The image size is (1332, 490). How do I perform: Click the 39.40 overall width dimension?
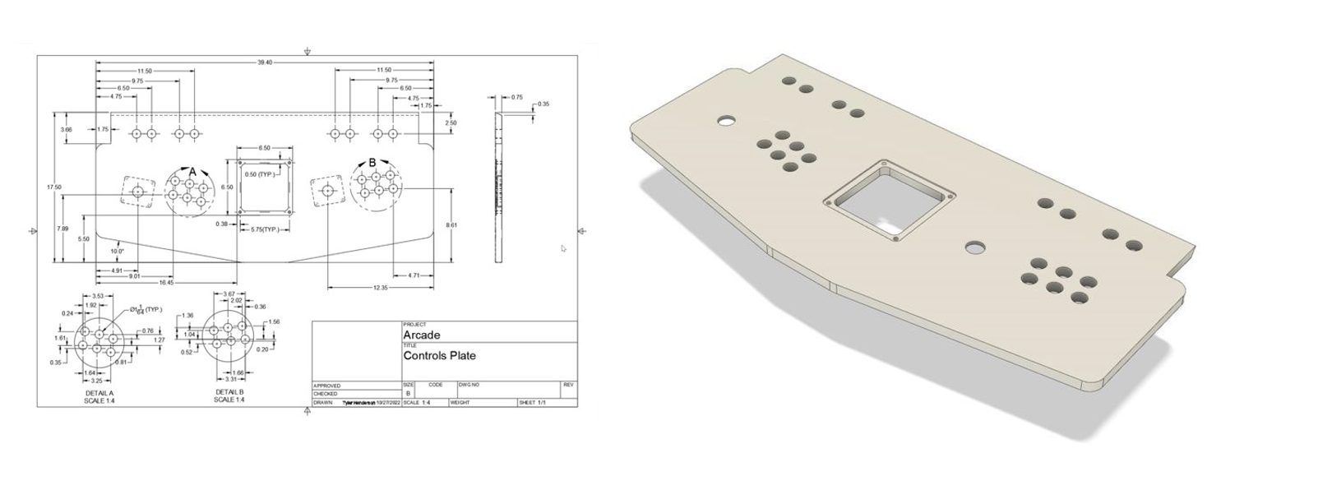pyautogui.click(x=265, y=62)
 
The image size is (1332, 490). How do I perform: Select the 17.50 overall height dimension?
pyautogui.click(x=54, y=187)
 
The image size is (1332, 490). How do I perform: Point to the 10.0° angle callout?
pyautogui.click(x=117, y=251)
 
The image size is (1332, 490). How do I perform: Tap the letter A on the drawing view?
pyautogui.click(x=192, y=171)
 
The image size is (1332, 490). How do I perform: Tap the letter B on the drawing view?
pyautogui.click(x=372, y=163)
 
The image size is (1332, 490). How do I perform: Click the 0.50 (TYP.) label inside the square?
pyautogui.click(x=260, y=175)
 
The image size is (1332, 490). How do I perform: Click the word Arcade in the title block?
pyautogui.click(x=421, y=335)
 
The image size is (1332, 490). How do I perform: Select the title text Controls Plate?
pyautogui.click(x=439, y=356)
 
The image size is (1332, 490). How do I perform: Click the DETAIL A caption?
pyautogui.click(x=99, y=394)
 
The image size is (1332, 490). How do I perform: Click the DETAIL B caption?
pyautogui.click(x=229, y=392)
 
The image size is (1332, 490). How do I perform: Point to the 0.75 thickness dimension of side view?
pyautogui.click(x=516, y=97)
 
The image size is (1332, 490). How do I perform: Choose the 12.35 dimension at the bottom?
pyautogui.click(x=380, y=288)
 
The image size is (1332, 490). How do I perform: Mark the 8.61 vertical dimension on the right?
pyautogui.click(x=450, y=224)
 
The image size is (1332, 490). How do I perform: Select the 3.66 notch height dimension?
pyautogui.click(x=66, y=130)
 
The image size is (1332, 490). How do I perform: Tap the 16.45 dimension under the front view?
pyautogui.click(x=167, y=282)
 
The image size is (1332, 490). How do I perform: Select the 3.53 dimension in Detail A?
pyautogui.click(x=97, y=296)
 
